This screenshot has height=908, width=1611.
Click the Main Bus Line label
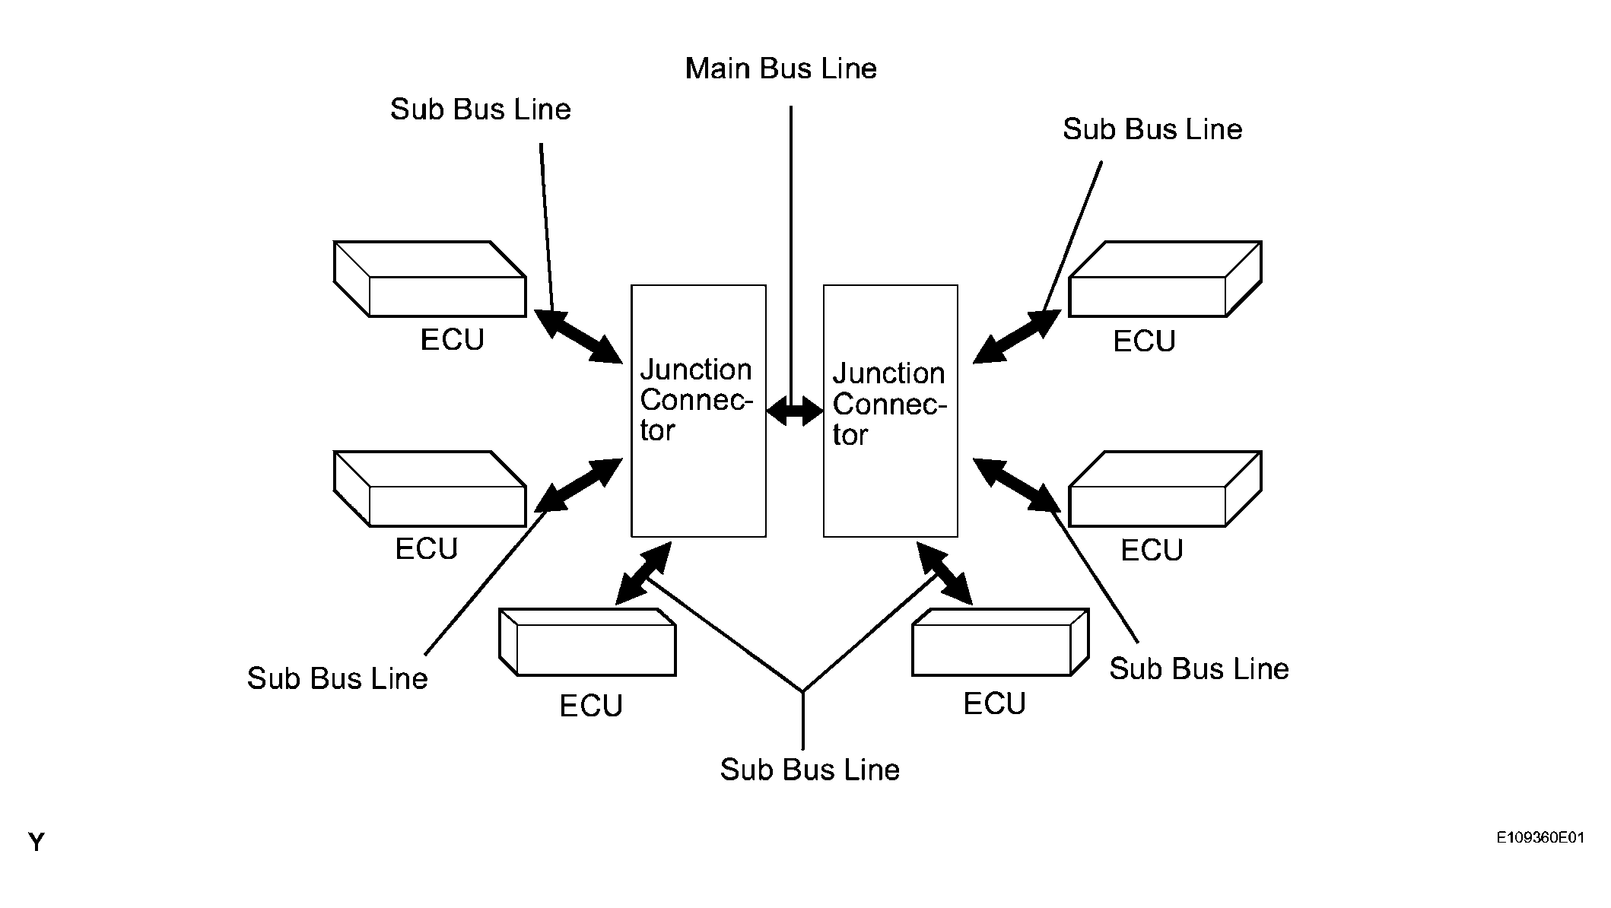780,69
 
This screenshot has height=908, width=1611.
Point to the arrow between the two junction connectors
795,412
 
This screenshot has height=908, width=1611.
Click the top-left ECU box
430,279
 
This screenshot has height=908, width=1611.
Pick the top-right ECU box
1165,279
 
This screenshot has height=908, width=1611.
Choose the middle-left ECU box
430,489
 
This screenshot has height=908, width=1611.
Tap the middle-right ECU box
1165,489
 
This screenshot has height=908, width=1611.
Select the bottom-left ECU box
587,643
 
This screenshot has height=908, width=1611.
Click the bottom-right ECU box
1000,643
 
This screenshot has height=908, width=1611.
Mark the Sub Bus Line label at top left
480,110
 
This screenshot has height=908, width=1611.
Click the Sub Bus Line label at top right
1152,129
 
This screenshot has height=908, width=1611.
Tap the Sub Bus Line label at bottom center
809,770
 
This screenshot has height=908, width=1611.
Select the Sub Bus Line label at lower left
337,678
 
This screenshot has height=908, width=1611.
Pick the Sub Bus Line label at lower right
1199,668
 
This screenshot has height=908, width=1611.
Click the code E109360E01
1540,838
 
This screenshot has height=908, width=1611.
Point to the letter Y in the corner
36,843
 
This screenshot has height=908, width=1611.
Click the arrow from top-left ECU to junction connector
578,336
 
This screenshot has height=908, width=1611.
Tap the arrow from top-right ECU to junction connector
1016,337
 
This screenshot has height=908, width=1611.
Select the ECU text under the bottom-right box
994,703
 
